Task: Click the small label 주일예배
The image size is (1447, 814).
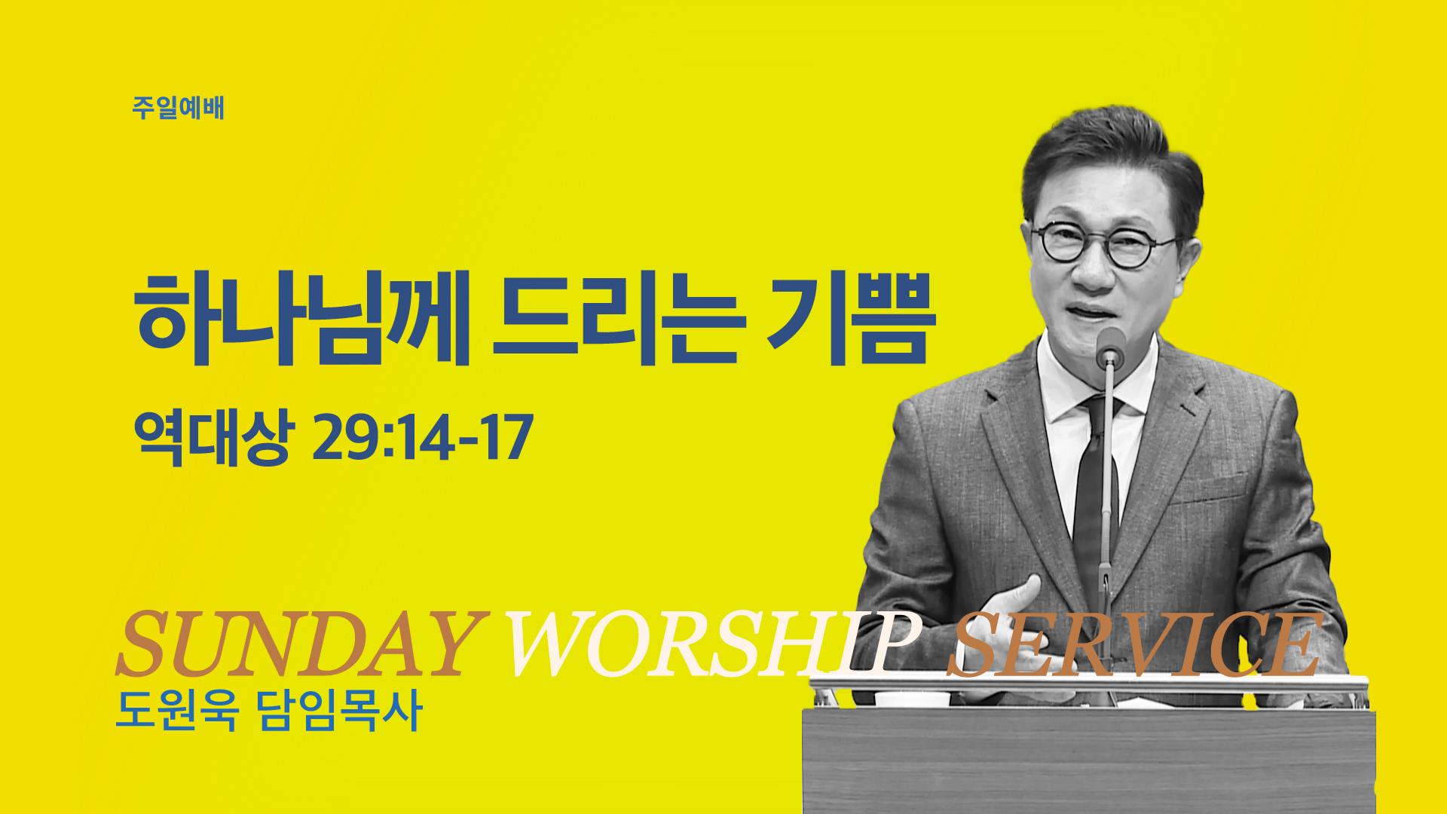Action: pos(178,108)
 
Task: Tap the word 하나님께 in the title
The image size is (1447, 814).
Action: pos(302,319)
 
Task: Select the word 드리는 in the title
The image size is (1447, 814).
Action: pos(619,319)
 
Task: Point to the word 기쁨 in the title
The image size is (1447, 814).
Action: pos(852,319)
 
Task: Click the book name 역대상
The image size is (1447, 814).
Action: pos(211,438)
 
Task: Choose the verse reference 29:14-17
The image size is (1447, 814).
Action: pos(423,438)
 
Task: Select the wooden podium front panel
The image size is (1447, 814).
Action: pos(1089,761)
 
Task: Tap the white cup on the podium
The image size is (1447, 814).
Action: pos(912,698)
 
